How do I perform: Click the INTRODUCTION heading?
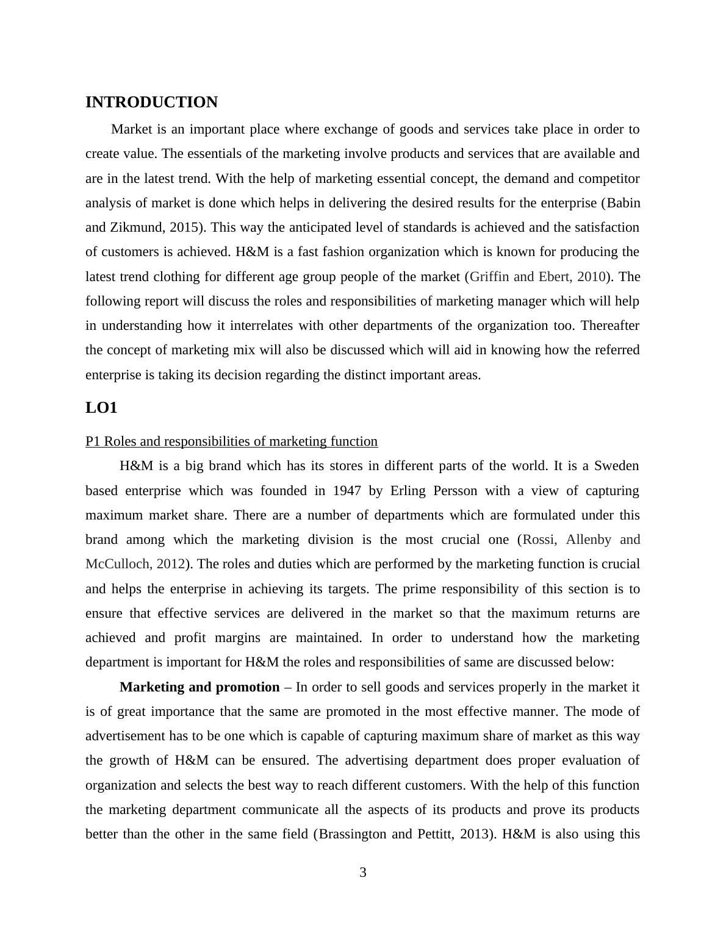coord(151,102)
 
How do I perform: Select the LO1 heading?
coord(101,408)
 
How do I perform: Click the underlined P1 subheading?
coord(231,441)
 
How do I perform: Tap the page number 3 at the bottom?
coord(363,873)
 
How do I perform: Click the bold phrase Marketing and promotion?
coord(199,687)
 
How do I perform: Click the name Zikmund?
coord(137,227)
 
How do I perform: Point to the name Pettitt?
coord(434,834)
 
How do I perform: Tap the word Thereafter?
coord(610,326)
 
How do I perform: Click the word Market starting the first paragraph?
coord(132,129)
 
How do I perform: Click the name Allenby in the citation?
coord(589,540)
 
